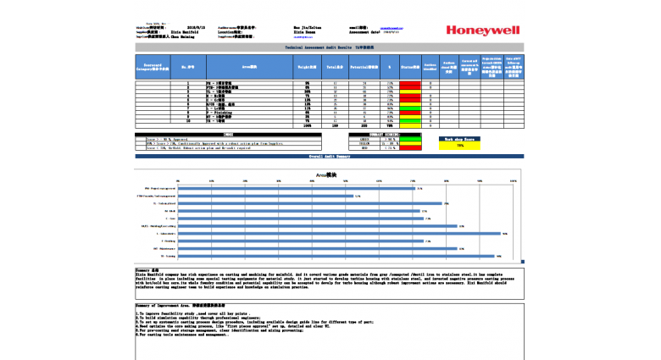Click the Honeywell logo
pyautogui.click(x=483, y=30)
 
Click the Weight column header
pyautogui.click(x=306, y=65)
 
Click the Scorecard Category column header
pyautogui.click(x=153, y=65)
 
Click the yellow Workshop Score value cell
pyautogui.click(x=460, y=146)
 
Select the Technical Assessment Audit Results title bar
pyautogui.click(x=329, y=48)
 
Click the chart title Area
pyautogui.click(x=326, y=174)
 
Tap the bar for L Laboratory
pyautogui.click(x=340, y=234)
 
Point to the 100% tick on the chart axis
pyautogui.click(x=513, y=180)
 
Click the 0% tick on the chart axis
pyautogui.click(x=177, y=180)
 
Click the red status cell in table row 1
pyautogui.click(x=409, y=83)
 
